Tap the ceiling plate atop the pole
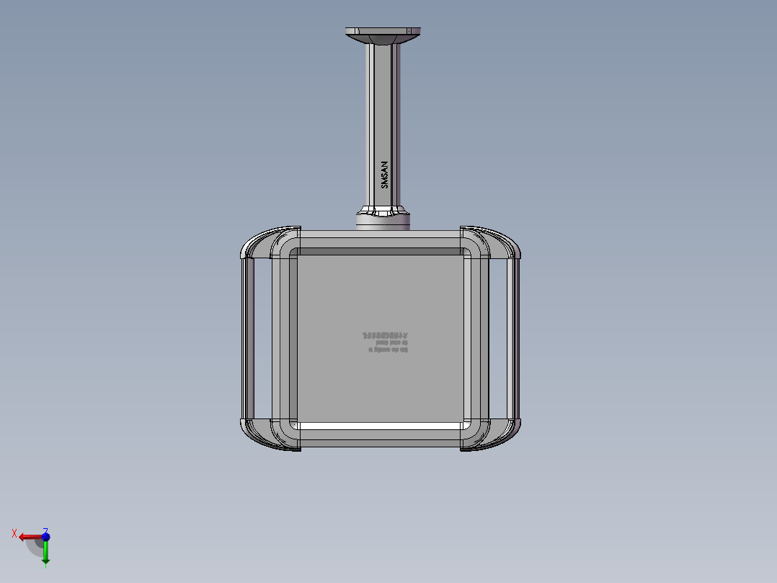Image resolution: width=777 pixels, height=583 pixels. coord(383,32)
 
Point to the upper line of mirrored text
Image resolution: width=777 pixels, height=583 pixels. coord(385,336)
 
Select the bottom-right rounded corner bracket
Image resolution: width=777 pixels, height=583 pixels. coord(497,434)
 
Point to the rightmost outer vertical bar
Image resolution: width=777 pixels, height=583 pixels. coord(512,338)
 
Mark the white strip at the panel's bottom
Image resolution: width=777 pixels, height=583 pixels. coord(380,426)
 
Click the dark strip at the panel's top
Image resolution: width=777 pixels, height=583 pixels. coord(380,252)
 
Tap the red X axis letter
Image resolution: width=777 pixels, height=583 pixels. coord(14,533)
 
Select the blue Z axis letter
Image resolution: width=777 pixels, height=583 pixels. coord(45,530)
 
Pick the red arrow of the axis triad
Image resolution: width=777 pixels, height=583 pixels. coord(29,538)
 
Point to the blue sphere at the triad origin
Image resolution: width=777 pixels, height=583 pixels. coord(45,538)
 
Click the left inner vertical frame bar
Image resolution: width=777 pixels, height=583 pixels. coord(283,338)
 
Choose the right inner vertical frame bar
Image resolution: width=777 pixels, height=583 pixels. coord(476,338)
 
